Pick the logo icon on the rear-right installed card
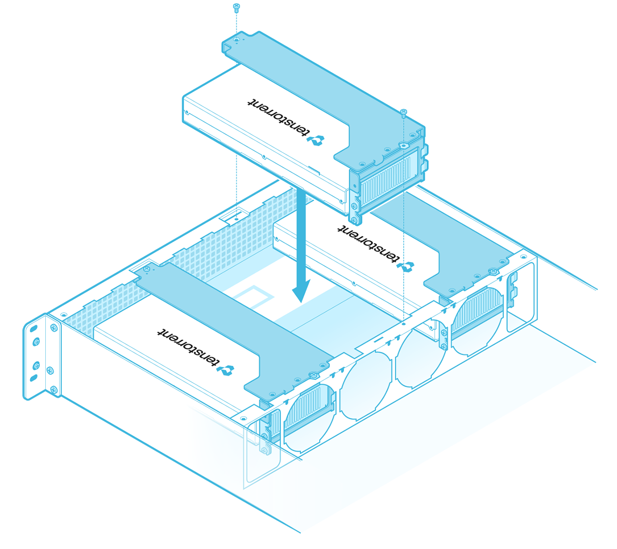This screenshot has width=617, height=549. point(406,267)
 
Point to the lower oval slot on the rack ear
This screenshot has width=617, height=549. point(34,378)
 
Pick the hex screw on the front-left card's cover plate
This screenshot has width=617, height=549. point(313,374)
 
